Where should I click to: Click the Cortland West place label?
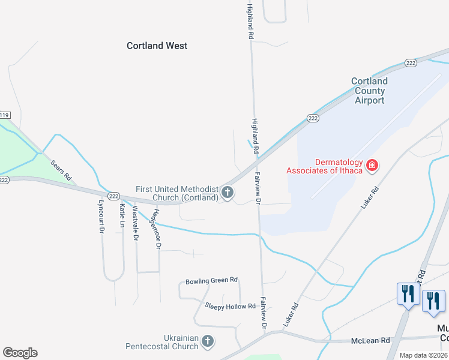[x=157, y=46]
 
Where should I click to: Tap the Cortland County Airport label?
[x=369, y=91]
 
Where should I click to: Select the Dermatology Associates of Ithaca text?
[x=325, y=166]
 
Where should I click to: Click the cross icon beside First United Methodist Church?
[x=227, y=193]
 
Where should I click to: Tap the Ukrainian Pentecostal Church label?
[x=161, y=341]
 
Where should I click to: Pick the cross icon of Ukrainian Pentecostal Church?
[x=208, y=341]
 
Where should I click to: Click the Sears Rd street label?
[x=61, y=170]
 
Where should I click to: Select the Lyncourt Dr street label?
[x=101, y=217]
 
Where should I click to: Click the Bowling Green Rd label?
[x=211, y=280]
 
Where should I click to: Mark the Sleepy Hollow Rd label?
[x=230, y=306]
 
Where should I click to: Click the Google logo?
[x=20, y=353]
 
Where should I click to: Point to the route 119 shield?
[x=5, y=115]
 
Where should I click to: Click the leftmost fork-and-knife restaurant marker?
[x=407, y=294]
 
